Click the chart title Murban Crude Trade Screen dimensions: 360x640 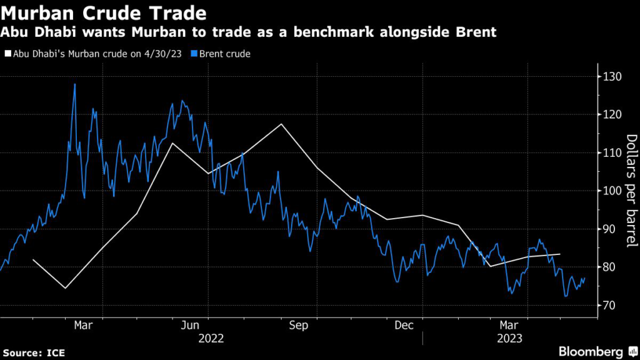[x=103, y=12]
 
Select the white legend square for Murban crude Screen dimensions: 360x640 [x=7, y=54]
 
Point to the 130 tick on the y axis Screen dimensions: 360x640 [x=614, y=76]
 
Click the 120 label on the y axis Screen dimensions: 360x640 [x=614, y=114]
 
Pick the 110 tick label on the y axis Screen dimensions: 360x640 [x=614, y=152]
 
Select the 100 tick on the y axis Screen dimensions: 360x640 [x=614, y=191]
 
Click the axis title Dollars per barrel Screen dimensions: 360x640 [x=631, y=191]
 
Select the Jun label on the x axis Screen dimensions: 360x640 [x=190, y=326]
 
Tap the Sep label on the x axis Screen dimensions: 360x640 [x=300, y=326]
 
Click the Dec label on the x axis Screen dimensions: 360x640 [x=405, y=326]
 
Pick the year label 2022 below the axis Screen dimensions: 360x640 [x=211, y=339]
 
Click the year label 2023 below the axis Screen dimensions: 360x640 [x=509, y=339]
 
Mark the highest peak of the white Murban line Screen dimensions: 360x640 [x=281, y=124]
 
